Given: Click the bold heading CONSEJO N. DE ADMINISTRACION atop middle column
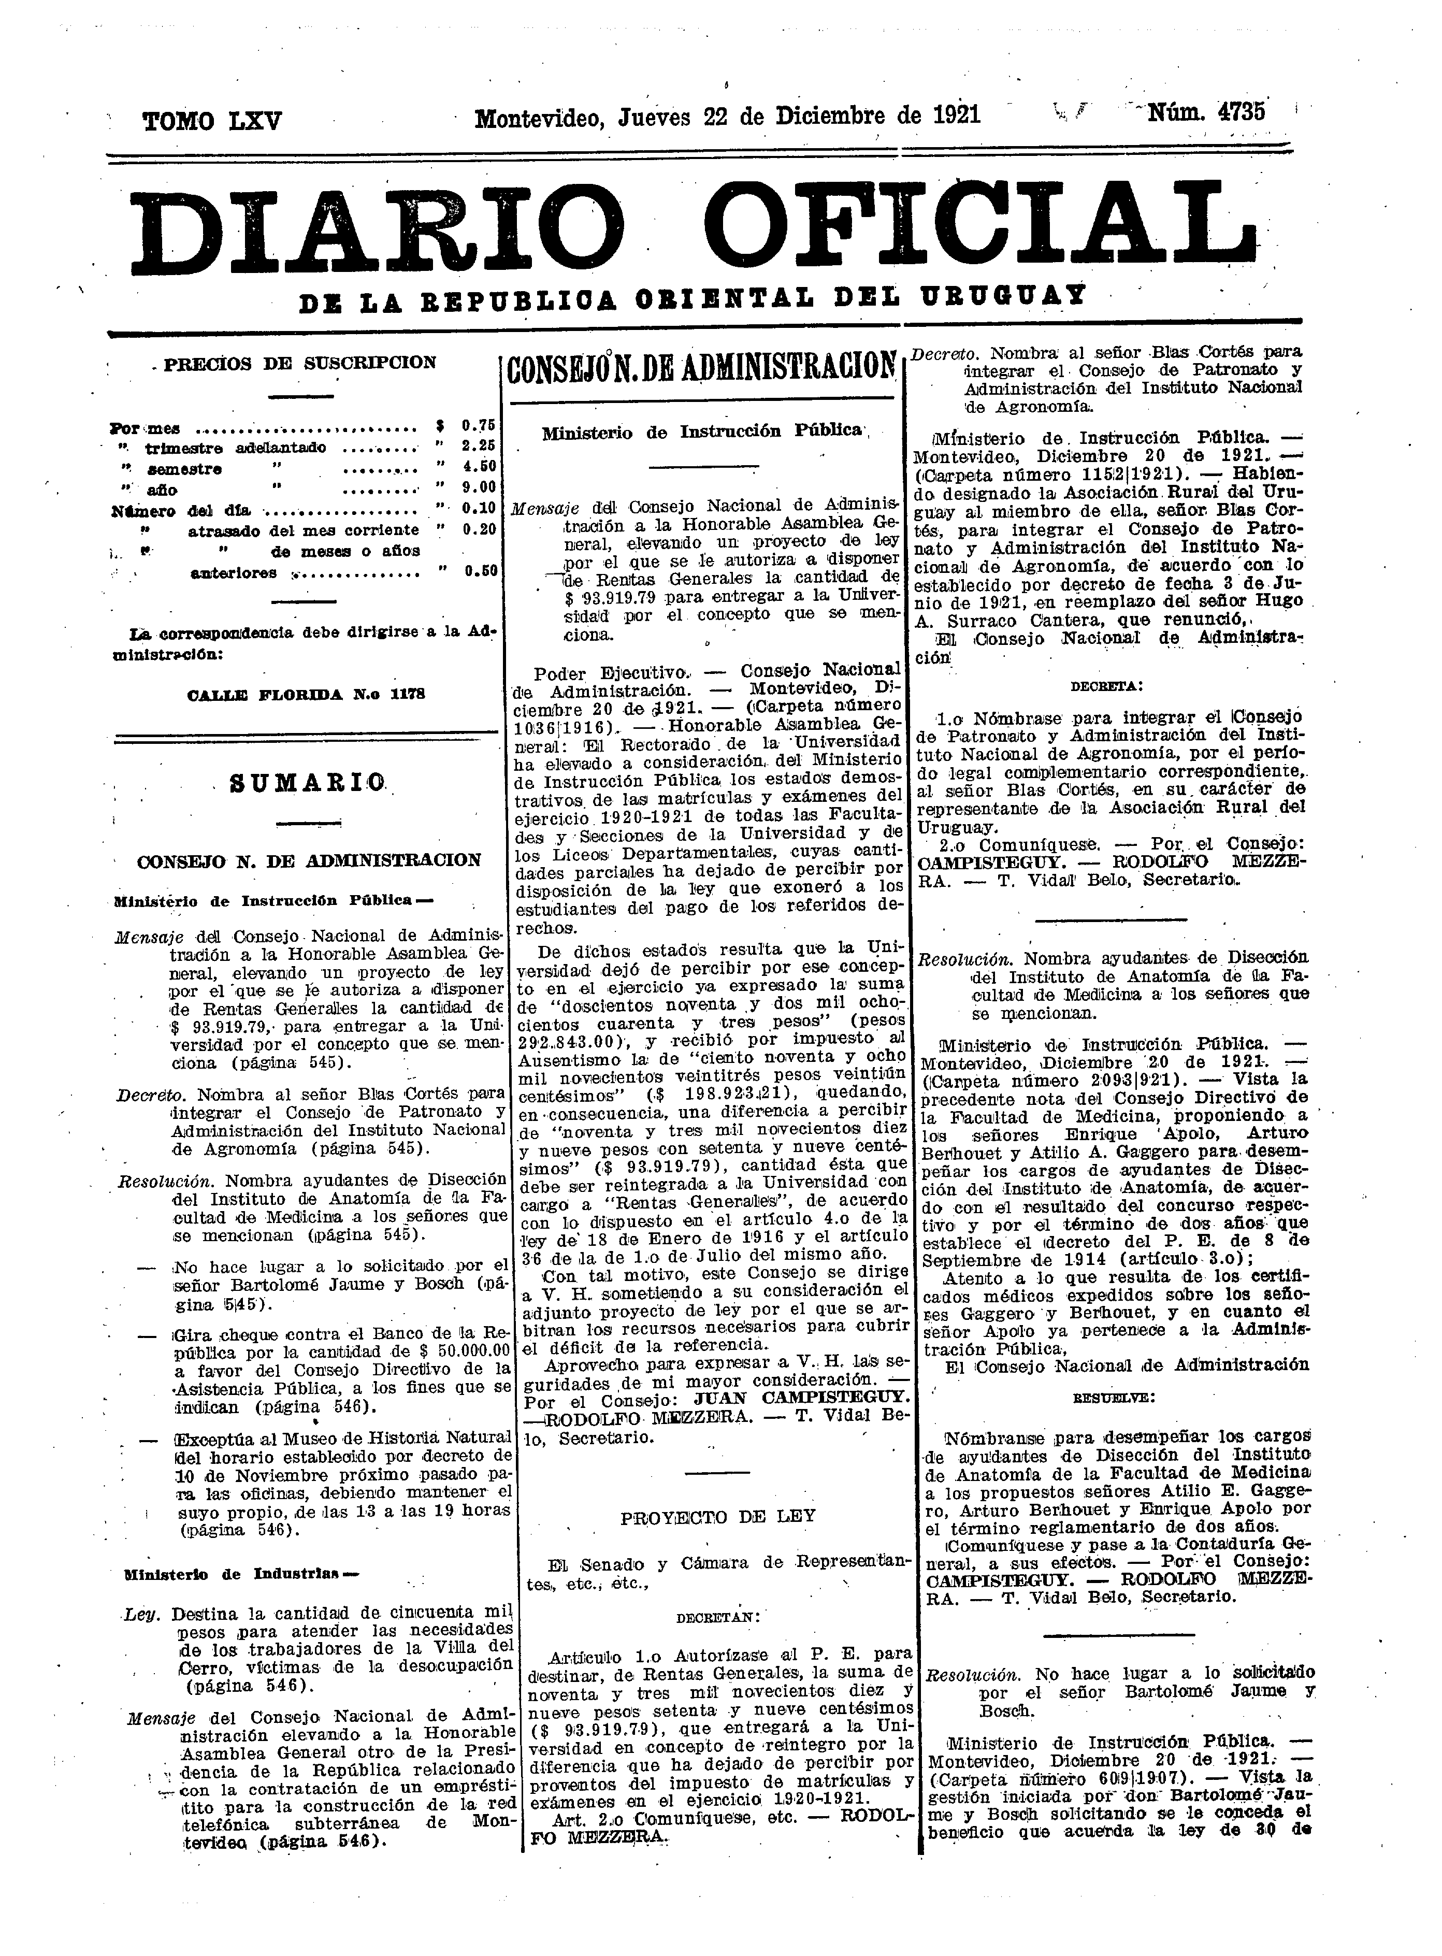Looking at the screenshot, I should [703, 369].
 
